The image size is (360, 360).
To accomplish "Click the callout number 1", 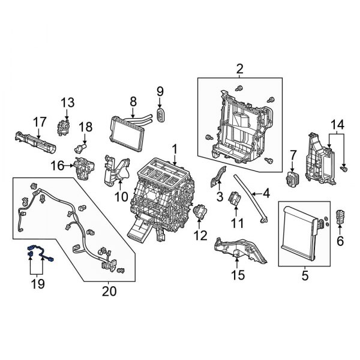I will point(175,148).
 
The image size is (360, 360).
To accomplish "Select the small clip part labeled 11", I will point(236,199).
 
